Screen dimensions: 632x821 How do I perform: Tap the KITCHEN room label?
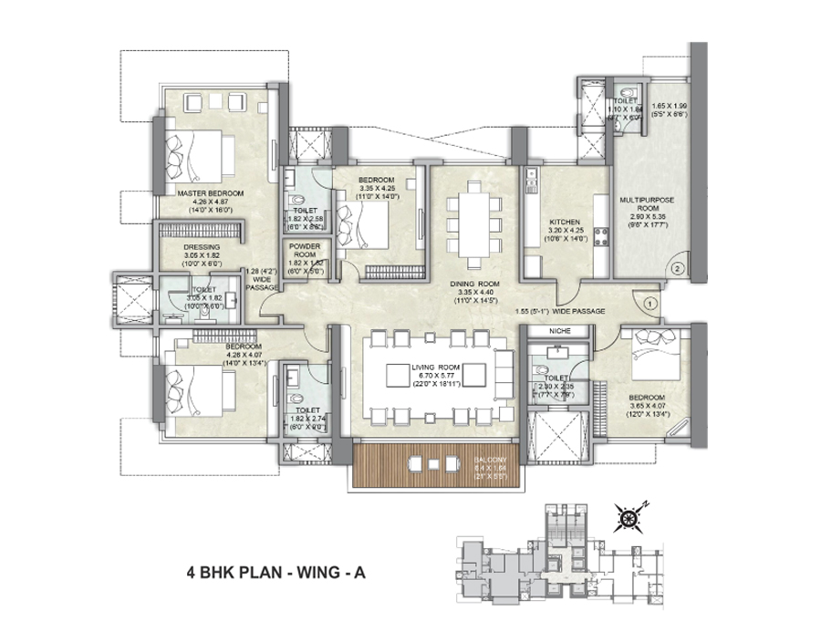559,223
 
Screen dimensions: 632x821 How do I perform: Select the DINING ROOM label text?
474,283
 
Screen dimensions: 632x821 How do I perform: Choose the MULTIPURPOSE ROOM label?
646,202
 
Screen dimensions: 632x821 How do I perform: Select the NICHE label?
557,332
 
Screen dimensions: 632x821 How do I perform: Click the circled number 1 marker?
650,301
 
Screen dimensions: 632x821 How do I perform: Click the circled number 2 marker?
677,268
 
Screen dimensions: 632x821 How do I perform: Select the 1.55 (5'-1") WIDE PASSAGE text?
560,311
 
